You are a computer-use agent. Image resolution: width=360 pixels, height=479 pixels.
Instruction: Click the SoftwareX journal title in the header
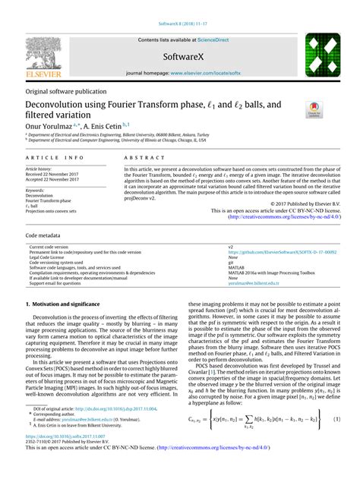coord(180,57)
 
